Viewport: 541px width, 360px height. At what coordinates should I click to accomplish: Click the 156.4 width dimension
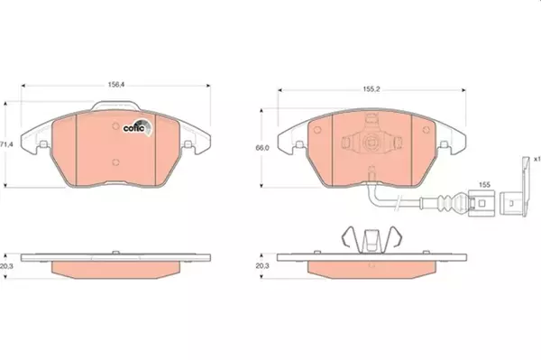coord(115,84)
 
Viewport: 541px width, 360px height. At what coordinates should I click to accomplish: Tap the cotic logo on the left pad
coord(138,126)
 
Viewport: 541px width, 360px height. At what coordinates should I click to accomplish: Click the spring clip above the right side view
coord(369,240)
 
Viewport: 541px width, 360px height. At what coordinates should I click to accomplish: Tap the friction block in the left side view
coord(116,269)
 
